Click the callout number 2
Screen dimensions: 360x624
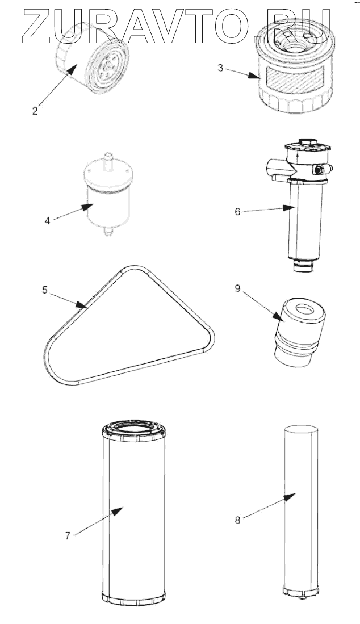(x=35, y=111)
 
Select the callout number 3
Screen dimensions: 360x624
(x=220, y=68)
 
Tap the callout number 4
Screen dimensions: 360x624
(x=48, y=220)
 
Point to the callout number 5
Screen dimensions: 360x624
(x=45, y=290)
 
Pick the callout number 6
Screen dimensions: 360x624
(x=238, y=212)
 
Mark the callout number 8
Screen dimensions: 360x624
(x=238, y=519)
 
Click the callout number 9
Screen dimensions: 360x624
(x=238, y=288)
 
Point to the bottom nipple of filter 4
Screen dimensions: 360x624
(x=107, y=232)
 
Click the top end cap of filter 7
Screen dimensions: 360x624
(x=133, y=430)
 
